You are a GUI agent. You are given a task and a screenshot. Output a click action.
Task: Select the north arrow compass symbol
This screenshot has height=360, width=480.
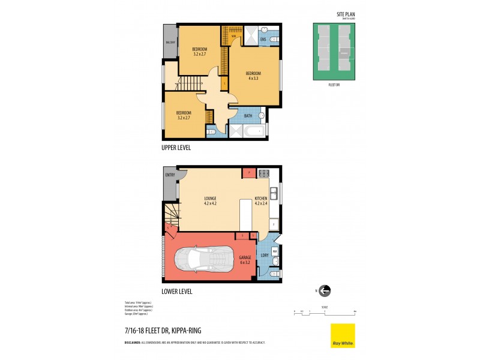pyautogui.click(x=325, y=291)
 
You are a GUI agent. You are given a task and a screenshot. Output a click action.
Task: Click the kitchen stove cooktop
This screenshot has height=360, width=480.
pyautogui.click(x=263, y=173)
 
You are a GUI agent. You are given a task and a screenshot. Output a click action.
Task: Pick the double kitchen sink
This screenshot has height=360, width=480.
pyautogui.click(x=273, y=193)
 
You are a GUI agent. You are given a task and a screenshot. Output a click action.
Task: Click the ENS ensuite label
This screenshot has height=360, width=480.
pyautogui.click(x=262, y=40)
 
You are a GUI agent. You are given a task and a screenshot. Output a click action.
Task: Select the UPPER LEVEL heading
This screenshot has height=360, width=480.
pyautogui.click(x=176, y=147)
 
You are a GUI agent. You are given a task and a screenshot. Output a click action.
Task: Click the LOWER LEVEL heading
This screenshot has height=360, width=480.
pyautogui.click(x=176, y=292)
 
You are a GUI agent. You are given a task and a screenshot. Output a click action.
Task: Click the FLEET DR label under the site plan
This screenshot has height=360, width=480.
pyautogui.click(x=334, y=85)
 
